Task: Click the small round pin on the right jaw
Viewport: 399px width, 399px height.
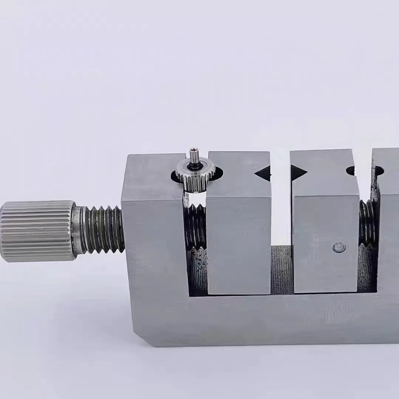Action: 339,248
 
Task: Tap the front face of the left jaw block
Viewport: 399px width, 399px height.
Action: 239,244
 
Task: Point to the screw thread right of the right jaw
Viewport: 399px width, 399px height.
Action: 367,222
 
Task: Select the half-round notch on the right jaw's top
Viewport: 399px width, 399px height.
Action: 351,170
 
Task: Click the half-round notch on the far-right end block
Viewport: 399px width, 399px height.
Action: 379,170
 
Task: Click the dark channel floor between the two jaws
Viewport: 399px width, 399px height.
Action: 281,270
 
